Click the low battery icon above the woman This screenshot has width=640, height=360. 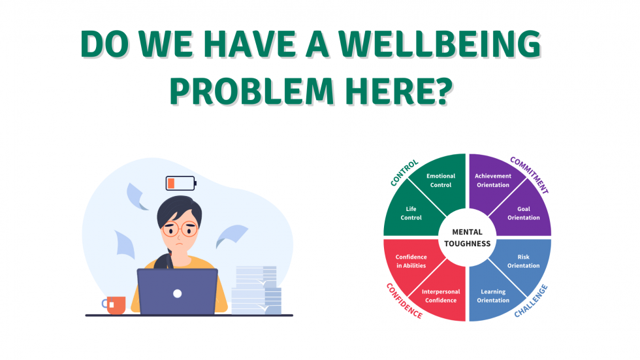pyautogui.click(x=181, y=183)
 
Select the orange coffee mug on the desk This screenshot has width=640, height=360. pyautogui.click(x=115, y=305)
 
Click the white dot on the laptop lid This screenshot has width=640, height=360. pyautogui.click(x=177, y=293)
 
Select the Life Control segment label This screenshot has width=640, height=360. pyautogui.click(x=411, y=213)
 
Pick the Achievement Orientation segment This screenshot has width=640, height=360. pyautogui.click(x=492, y=181)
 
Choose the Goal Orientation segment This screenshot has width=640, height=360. pyautogui.click(x=523, y=213)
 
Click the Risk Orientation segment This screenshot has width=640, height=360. pyautogui.click(x=523, y=261)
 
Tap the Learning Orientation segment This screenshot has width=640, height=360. pyautogui.click(x=493, y=295)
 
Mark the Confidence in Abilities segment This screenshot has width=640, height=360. pyautogui.click(x=411, y=261)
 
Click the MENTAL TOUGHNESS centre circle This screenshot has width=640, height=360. pyautogui.click(x=467, y=238)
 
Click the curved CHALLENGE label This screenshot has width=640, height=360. pyautogui.click(x=531, y=301)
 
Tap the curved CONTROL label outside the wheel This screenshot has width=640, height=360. pyautogui.click(x=404, y=171)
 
